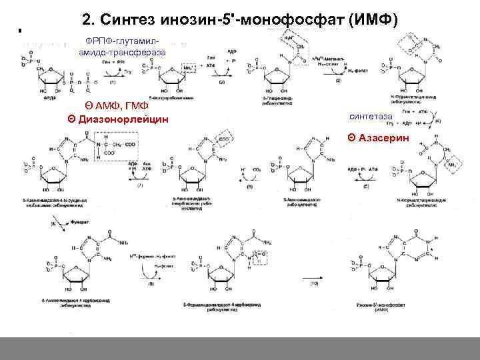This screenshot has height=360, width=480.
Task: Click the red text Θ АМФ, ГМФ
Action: pos(117,107)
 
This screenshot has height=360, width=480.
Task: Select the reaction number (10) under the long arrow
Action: pos(314,285)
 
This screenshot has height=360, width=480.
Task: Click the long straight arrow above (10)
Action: pos(313,275)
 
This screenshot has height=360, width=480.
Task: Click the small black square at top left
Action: pos(20,31)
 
